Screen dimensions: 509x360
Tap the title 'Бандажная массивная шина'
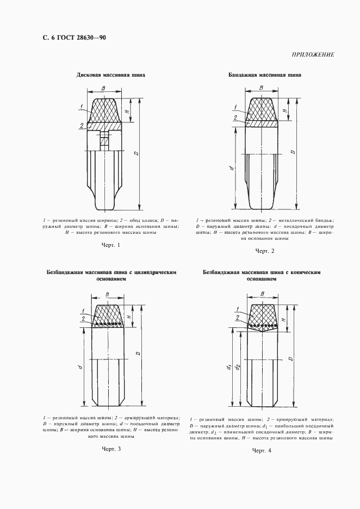[x=265, y=75]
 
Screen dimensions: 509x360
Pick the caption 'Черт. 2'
[x=265, y=251]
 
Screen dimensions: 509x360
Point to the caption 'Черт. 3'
[x=111, y=449]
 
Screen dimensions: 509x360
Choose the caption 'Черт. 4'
[x=262, y=451]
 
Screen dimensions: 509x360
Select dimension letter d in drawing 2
[x=232, y=169]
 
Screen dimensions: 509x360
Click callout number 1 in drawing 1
[x=80, y=105]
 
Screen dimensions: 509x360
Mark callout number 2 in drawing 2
[x=235, y=117]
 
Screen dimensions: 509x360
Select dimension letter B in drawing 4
[x=263, y=294]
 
